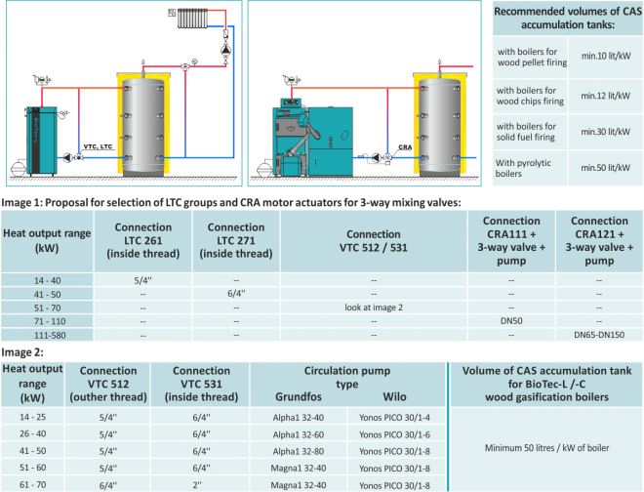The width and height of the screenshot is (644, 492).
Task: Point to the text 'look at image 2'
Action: (x=374, y=306)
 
